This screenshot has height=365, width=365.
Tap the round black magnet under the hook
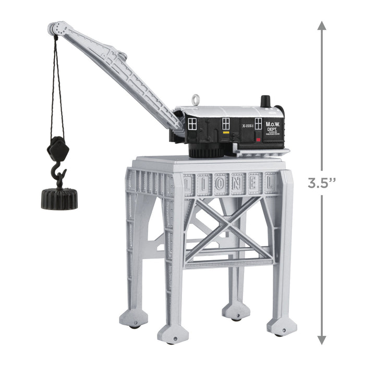59,199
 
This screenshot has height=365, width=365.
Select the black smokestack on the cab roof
266,101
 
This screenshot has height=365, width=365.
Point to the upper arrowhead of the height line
322,26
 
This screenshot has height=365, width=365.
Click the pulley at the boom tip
54,29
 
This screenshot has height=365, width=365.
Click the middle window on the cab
226,124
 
